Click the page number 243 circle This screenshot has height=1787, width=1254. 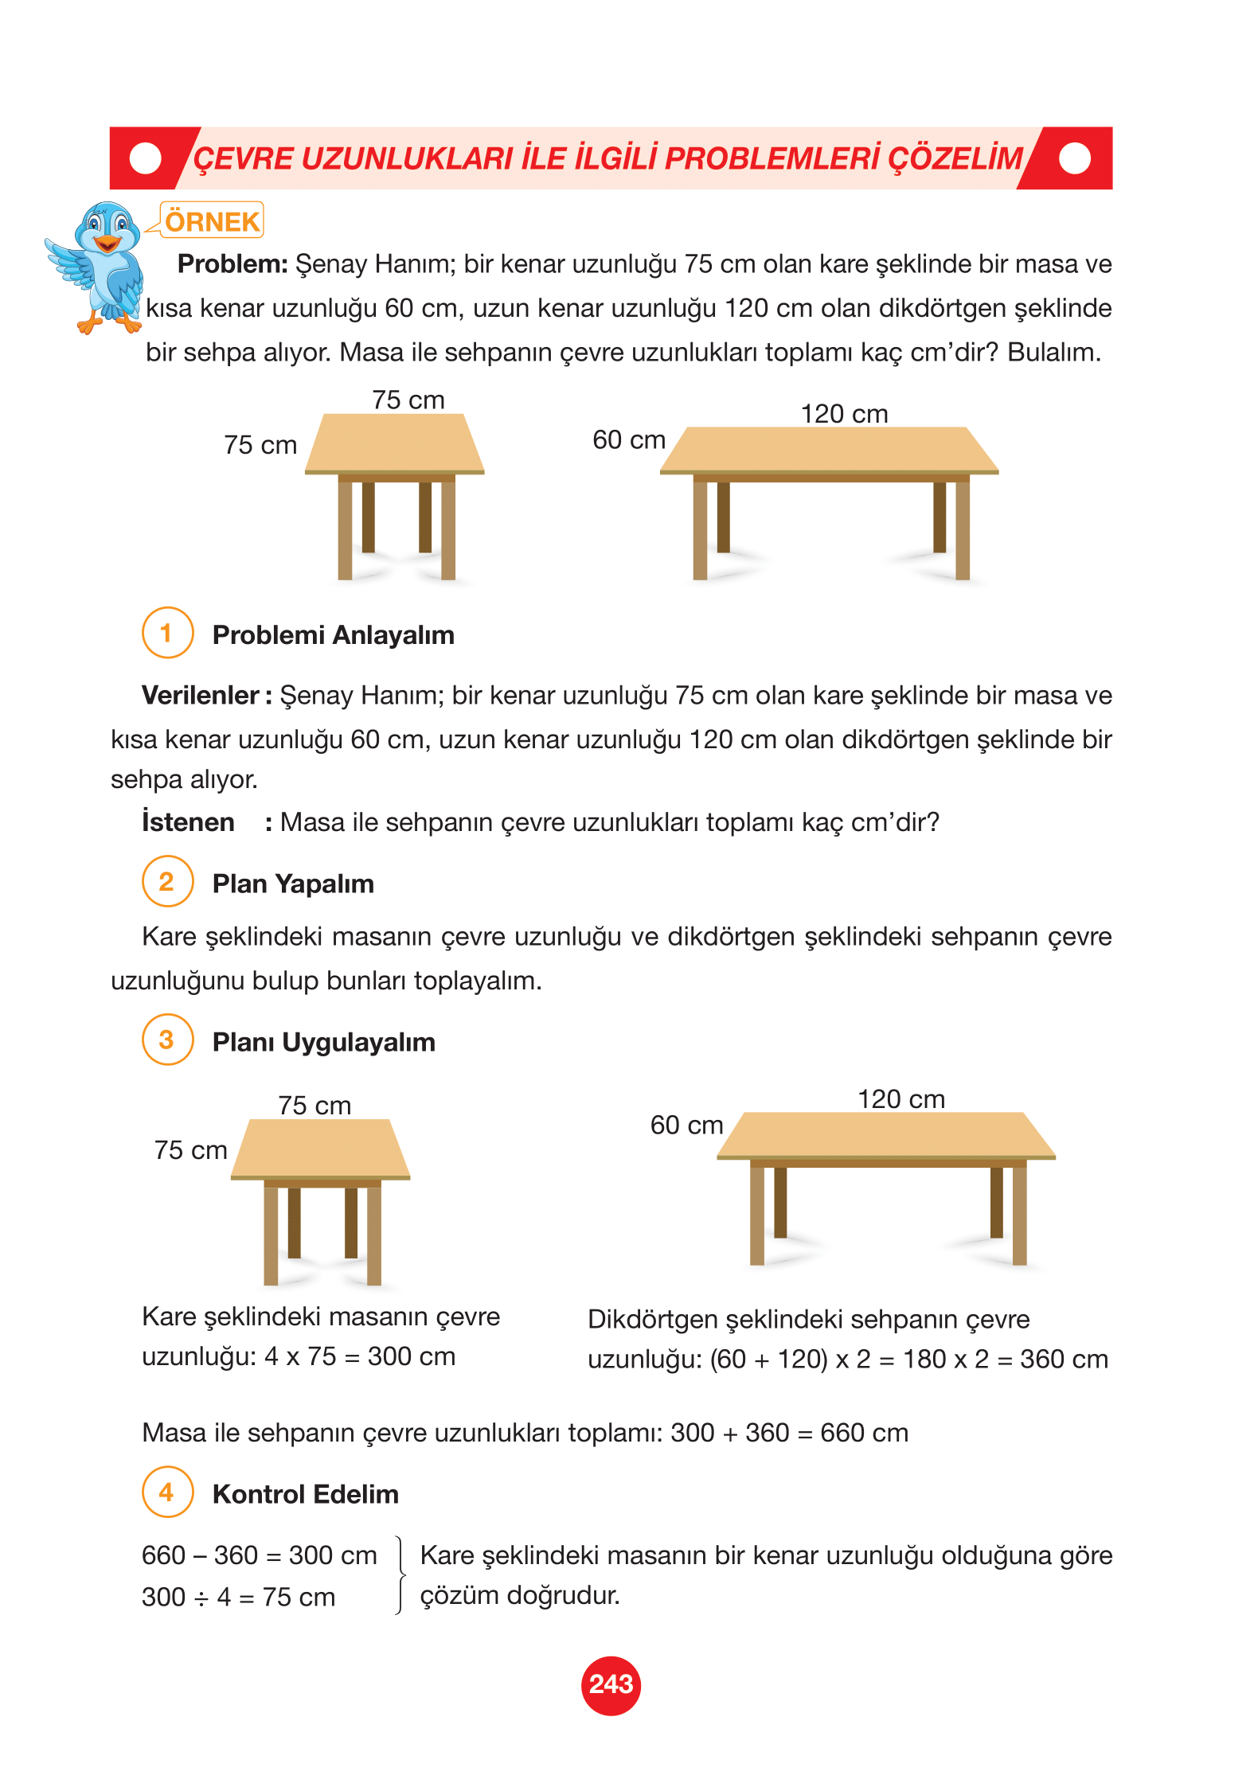[x=611, y=1684]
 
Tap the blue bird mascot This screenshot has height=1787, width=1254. [x=99, y=266]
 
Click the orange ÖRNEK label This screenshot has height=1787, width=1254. [x=212, y=221]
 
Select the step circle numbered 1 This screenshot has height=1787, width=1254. [x=167, y=633]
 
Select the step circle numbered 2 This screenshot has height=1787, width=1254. [x=167, y=881]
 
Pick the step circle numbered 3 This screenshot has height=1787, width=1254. [x=167, y=1040]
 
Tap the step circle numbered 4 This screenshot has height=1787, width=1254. [x=167, y=1492]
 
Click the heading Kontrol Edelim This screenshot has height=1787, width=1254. [x=305, y=1494]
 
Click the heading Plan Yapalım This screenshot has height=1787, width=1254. [x=293, y=884]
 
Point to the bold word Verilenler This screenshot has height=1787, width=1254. [x=201, y=696]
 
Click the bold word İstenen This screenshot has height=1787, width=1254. [x=188, y=821]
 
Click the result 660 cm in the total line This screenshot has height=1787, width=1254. [x=864, y=1433]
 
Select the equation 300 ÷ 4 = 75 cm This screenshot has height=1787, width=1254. [x=238, y=1597]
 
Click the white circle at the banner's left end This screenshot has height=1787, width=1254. [x=145, y=158]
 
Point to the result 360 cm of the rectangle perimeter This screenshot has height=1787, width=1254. [x=1064, y=1359]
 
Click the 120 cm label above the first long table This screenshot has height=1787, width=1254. [x=844, y=414]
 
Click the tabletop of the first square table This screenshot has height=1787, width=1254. [x=395, y=444]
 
